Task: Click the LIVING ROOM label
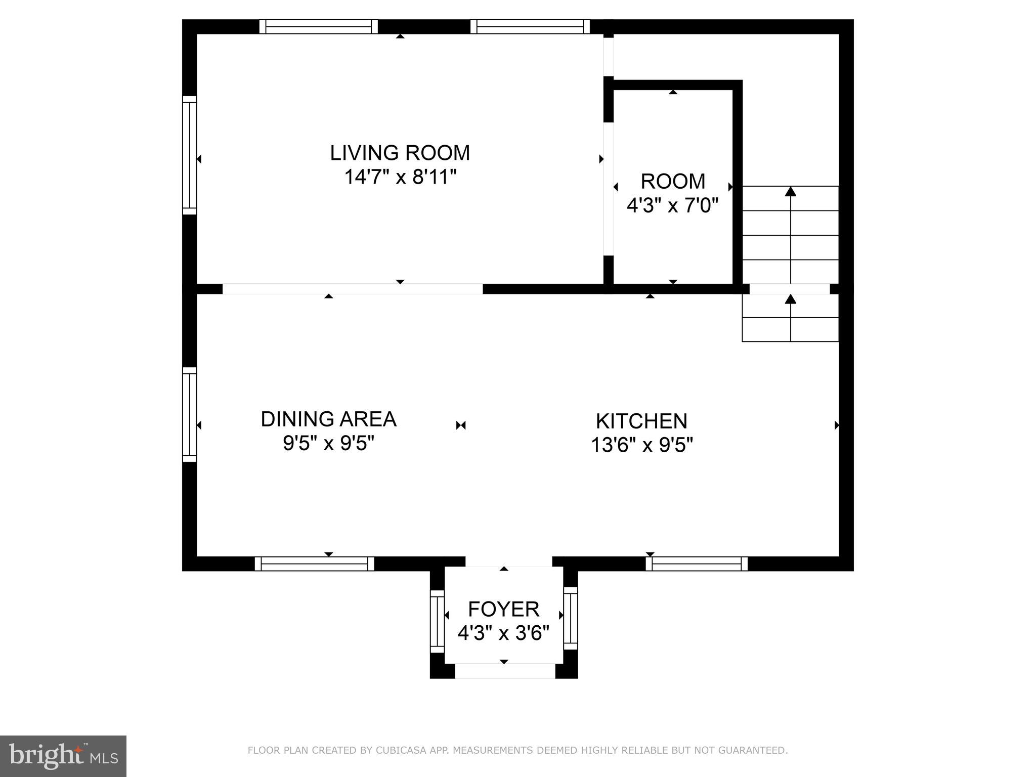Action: pos(400,153)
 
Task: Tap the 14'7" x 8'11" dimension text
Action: pos(400,178)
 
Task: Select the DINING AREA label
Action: pos(328,419)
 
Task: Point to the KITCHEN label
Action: pos(641,421)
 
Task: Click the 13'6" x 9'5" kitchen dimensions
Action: pos(641,446)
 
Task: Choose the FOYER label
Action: pos(503,610)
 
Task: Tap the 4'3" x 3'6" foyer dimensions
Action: pos(503,633)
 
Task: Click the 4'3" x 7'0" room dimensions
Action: pos(672,206)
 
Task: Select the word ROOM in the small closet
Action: pos(673,181)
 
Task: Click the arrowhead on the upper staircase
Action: pos(790,191)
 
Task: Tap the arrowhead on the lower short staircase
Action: pos(790,299)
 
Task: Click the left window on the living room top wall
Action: pos(319,26)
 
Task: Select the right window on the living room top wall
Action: pos(530,26)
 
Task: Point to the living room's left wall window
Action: pos(189,155)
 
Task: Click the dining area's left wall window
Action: pos(189,414)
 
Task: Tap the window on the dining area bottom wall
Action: pos(314,564)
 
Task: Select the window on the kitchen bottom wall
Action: pos(697,564)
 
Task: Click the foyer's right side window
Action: pos(570,618)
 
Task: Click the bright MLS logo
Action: pos(63,756)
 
